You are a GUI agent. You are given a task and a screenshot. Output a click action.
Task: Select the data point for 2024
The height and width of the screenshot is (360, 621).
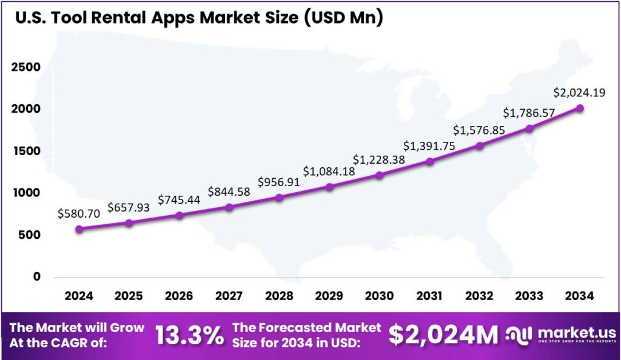coord(79,229)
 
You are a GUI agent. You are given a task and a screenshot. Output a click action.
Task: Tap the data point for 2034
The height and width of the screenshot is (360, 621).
coord(580,108)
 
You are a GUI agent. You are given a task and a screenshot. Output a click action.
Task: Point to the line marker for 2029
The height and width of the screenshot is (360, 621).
coord(329,187)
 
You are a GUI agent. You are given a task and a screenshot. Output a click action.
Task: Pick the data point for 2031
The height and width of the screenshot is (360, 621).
coord(430,161)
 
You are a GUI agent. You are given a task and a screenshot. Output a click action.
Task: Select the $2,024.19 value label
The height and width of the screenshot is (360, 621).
coord(579,93)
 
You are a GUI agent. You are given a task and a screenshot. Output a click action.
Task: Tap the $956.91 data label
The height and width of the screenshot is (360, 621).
coord(279,181)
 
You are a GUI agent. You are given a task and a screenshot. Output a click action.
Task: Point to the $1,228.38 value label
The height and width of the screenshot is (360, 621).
coord(379,159)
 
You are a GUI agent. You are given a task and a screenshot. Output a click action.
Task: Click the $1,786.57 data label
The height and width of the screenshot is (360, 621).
coord(529,113)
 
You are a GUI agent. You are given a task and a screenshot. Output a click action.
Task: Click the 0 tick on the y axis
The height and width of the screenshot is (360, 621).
coord(36,276)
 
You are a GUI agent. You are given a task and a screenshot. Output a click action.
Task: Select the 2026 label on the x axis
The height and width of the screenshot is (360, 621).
coord(179,296)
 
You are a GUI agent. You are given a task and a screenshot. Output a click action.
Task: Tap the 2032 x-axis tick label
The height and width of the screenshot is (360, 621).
coord(480,296)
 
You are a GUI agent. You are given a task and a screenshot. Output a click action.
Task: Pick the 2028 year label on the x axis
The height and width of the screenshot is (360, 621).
coord(279,296)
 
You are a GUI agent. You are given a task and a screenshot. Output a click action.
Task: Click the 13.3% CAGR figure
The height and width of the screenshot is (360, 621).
coord(190,335)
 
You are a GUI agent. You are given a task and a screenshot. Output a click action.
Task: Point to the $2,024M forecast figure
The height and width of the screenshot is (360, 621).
coord(443,335)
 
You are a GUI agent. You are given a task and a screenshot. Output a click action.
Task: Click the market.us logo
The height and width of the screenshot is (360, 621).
coord(561,335)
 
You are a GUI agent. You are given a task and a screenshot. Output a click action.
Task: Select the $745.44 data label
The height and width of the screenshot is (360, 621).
coord(179,199)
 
